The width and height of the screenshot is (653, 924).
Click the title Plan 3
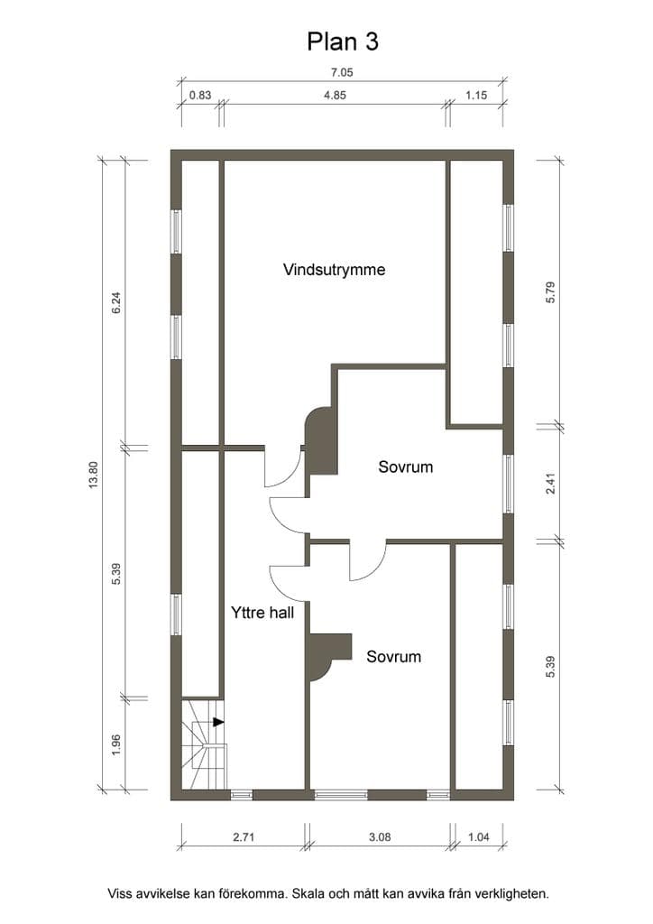click(x=342, y=42)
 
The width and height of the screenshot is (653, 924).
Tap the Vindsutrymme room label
click(x=334, y=270)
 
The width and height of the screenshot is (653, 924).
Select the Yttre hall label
click(x=262, y=613)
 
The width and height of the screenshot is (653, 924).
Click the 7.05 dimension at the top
click(x=342, y=72)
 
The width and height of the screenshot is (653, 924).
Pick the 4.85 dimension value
click(x=335, y=95)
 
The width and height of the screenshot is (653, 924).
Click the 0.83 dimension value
click(x=200, y=95)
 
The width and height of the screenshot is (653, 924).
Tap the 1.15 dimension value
click(x=475, y=95)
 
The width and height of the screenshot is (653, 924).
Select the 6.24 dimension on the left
click(x=116, y=302)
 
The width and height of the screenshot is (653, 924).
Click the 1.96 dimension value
click(x=116, y=745)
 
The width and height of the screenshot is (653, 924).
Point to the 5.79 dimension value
click(x=550, y=292)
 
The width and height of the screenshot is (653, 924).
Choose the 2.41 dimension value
click(x=550, y=484)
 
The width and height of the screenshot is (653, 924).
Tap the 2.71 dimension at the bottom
click(x=244, y=836)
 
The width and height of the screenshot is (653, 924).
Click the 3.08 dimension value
click(x=379, y=836)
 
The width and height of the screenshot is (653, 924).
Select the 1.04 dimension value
click(x=478, y=836)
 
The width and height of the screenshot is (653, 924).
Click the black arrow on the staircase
click(x=218, y=721)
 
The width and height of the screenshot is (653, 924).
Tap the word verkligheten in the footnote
click(x=510, y=894)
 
